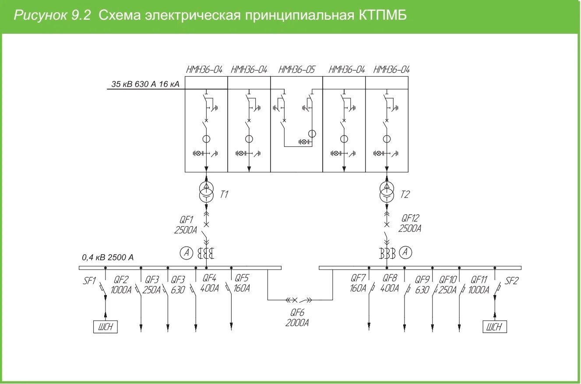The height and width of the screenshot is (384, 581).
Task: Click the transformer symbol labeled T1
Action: pos(206,191)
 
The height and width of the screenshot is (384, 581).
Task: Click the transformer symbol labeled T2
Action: pos(387,191)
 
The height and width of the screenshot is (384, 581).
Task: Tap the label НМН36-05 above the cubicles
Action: pos(296,69)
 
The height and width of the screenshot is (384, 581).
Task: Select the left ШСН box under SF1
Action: pos(106,327)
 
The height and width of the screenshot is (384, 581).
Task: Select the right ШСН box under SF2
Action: pos(495,327)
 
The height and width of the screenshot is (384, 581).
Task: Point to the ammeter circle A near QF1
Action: pos(186,252)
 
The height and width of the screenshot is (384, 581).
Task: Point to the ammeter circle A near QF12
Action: pos(407,252)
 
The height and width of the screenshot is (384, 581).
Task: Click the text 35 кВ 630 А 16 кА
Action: pos(145,84)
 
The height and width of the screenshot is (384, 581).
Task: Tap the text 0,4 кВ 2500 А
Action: pos(108,257)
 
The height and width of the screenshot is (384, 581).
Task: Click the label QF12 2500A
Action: pos(410,223)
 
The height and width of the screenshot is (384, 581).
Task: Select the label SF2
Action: pos(511,281)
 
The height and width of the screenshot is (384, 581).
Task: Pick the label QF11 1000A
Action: pos(479,284)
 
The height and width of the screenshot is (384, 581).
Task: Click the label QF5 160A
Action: pos(242,283)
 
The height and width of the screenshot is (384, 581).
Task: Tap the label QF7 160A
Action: pos(358,283)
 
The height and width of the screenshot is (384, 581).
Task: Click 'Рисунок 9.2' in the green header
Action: pos(52,16)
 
